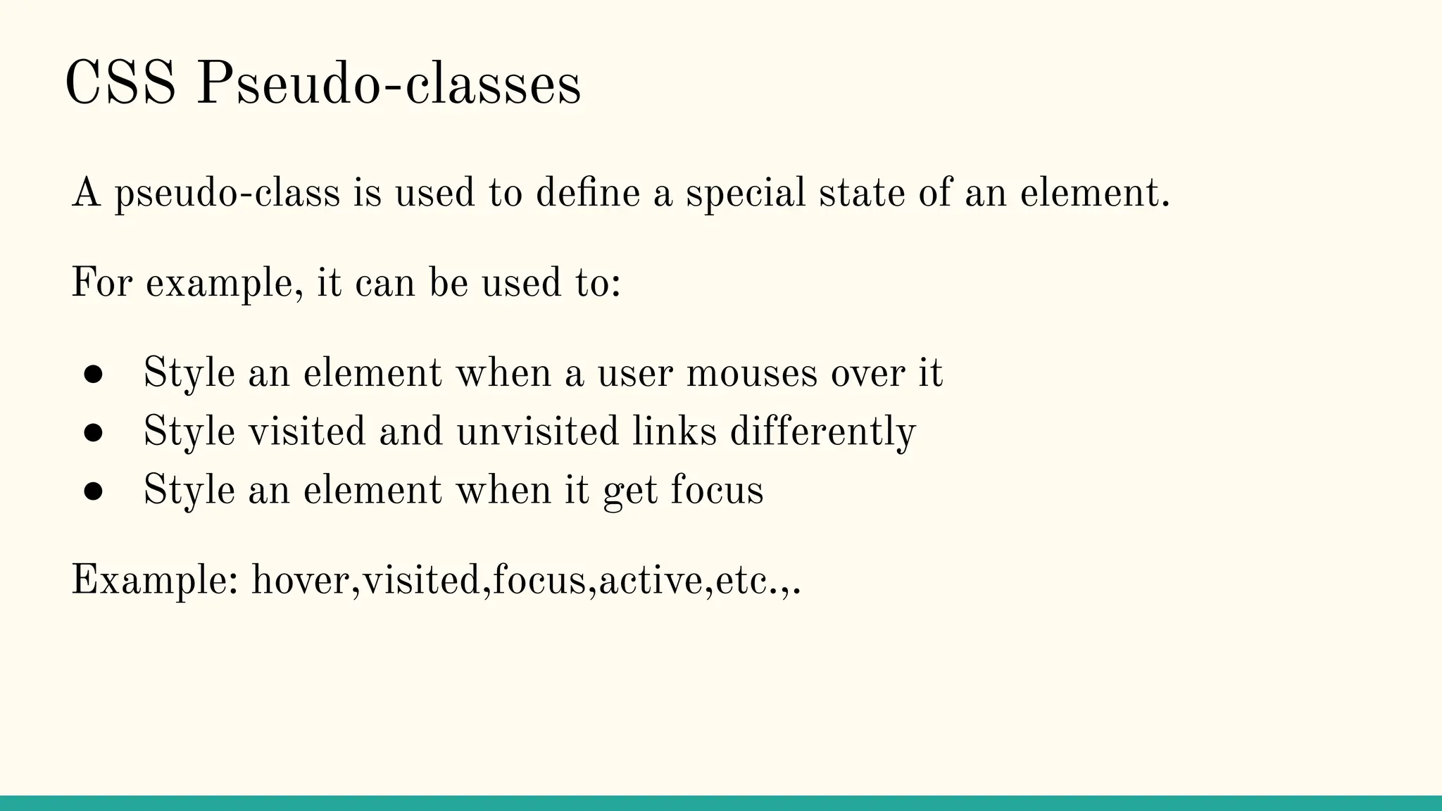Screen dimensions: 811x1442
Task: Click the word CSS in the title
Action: (x=120, y=84)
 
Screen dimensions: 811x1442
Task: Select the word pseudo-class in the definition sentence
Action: (x=227, y=194)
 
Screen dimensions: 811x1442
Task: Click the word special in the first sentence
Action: (x=746, y=194)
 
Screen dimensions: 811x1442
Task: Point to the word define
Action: (x=587, y=193)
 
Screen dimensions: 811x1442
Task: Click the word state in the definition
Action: (x=861, y=193)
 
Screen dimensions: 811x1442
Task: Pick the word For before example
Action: (x=101, y=283)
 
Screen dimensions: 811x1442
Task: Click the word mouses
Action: (x=751, y=373)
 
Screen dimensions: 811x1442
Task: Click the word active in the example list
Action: (x=651, y=581)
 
